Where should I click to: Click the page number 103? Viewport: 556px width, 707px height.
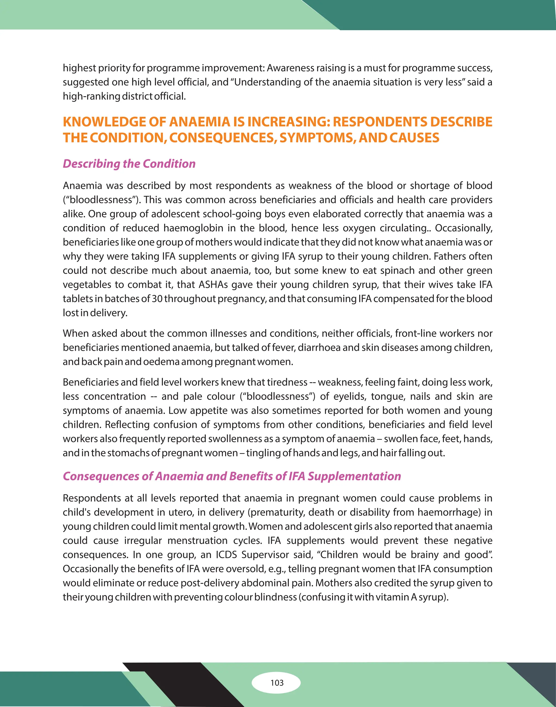click(277, 683)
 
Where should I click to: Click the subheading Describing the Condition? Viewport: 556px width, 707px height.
click(129, 164)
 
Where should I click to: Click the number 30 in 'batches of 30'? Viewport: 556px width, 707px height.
click(157, 299)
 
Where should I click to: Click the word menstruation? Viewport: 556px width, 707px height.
click(197, 540)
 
